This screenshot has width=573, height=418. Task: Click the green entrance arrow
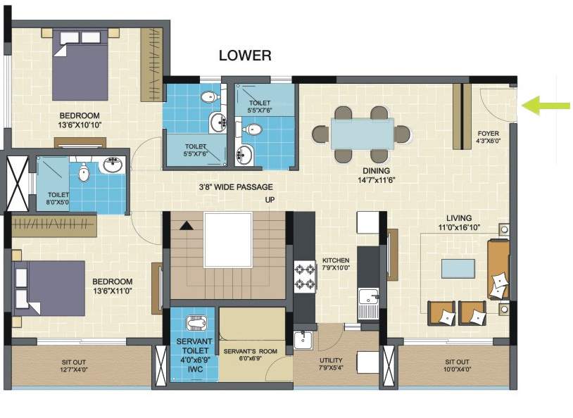546,106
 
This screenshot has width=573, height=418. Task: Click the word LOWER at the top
244,56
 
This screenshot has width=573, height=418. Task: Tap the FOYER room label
489,136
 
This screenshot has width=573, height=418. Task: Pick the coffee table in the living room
457,268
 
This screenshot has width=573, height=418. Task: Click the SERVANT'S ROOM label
250,351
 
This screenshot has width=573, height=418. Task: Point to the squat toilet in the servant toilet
194,323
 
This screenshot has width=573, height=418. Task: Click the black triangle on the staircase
186,226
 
